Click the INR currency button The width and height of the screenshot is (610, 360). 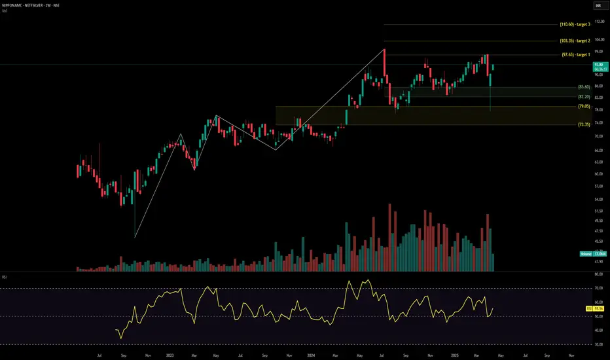[x=598, y=6]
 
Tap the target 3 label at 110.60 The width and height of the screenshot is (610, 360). [x=575, y=25]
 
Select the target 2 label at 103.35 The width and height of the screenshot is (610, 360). [x=575, y=41]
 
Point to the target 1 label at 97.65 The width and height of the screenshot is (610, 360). [x=575, y=55]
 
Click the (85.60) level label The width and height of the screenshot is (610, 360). [x=584, y=87]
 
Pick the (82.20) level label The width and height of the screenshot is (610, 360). [x=584, y=97]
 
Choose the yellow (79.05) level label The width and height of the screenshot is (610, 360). [x=584, y=106]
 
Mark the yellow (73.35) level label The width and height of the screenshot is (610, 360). [x=584, y=124]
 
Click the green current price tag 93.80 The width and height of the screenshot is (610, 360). [x=598, y=65]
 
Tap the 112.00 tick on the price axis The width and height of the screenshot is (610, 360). [x=598, y=21]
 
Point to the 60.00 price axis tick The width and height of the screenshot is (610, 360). [x=598, y=174]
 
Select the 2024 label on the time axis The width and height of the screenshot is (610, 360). [x=311, y=355]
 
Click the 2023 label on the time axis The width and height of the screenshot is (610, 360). [x=170, y=355]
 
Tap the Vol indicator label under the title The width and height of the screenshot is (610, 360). [x=6, y=12]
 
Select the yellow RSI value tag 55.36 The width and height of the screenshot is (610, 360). [x=597, y=307]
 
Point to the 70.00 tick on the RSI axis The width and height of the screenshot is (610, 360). [x=598, y=288]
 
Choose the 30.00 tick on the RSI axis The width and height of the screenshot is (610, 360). [x=598, y=344]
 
